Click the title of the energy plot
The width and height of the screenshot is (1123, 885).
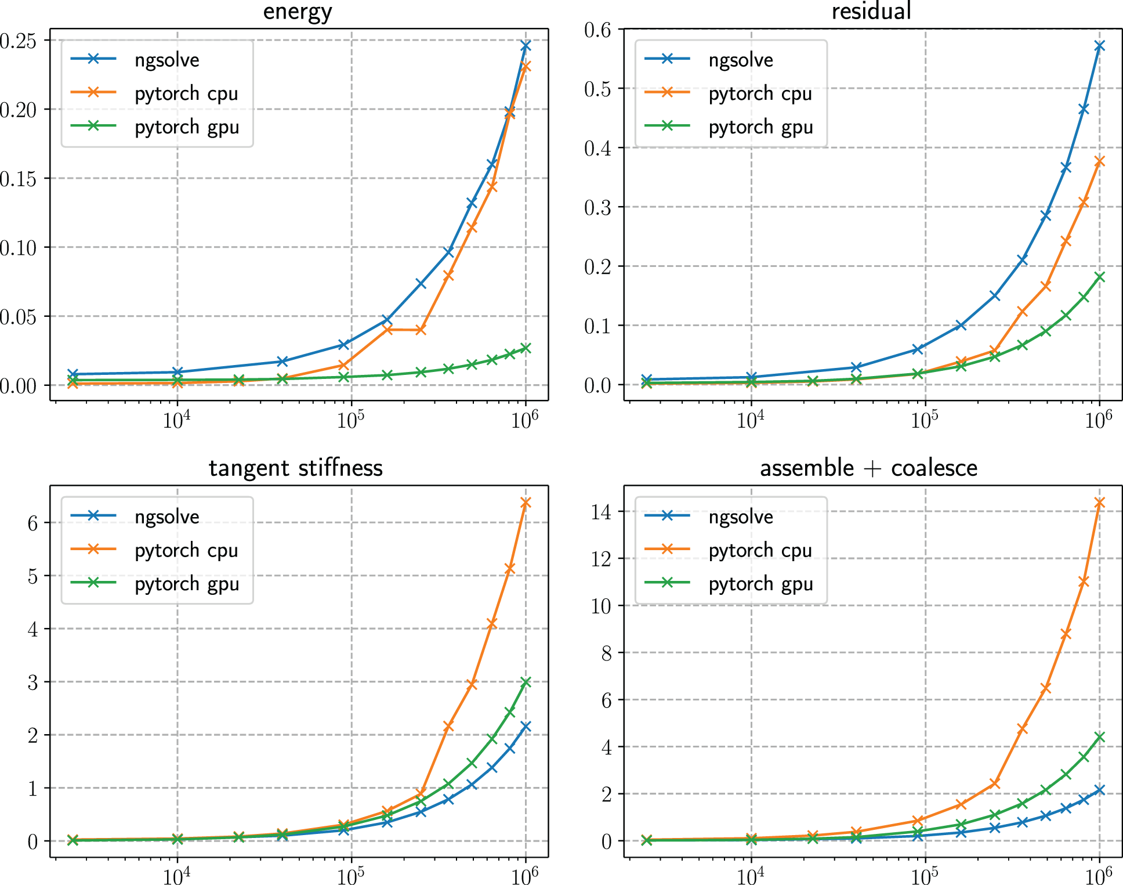[298, 12]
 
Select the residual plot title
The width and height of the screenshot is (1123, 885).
[871, 12]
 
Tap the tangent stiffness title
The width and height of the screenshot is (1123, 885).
[296, 468]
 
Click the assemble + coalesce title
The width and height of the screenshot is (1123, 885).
[868, 468]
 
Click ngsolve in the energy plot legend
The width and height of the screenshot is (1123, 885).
[166, 60]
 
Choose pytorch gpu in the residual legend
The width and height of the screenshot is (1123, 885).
[760, 127]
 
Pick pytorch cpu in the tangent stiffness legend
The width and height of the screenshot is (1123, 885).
[186, 550]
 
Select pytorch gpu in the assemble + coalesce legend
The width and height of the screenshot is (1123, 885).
[760, 583]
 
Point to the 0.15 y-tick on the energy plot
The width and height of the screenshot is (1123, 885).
[19, 179]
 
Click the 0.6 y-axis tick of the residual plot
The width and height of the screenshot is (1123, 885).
[598, 30]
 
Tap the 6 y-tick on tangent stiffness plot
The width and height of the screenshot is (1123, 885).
[33, 523]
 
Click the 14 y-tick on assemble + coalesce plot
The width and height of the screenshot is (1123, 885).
[602, 512]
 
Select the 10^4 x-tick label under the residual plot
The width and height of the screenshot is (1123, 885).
[750, 420]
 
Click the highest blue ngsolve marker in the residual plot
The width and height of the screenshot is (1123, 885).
[1099, 46]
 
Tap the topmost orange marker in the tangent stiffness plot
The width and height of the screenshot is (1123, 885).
[526, 503]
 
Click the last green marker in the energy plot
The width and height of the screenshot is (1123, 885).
[526, 348]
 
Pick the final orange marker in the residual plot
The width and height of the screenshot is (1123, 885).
[1099, 161]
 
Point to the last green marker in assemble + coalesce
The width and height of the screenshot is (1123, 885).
[1099, 737]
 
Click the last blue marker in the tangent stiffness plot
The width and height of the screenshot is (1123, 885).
[526, 727]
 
